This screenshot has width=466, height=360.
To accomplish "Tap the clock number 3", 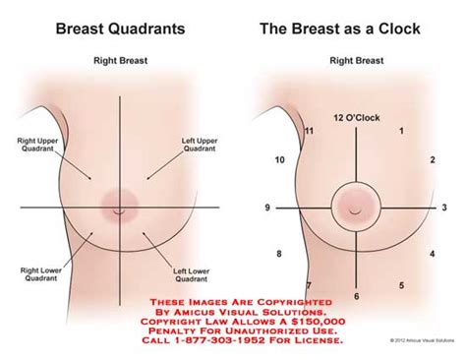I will pos(445,208).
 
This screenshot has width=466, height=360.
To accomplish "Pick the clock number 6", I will pos(356,296).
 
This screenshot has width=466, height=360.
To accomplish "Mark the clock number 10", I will pos(280,159).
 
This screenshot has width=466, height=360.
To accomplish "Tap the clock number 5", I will pos(401,286).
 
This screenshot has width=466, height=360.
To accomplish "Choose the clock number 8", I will pos(280,255).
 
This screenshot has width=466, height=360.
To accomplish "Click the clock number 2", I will pos(433,159).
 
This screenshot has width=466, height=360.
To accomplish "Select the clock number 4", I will pos(433,255).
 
